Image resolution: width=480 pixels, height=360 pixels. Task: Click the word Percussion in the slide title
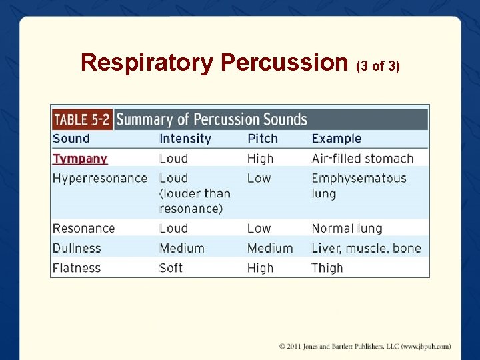point(285,63)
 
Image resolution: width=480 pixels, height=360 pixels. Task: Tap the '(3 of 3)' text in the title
point(378,66)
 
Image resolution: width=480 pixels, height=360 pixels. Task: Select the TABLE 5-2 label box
point(81,119)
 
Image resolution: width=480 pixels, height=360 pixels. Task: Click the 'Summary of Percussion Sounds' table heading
point(211,119)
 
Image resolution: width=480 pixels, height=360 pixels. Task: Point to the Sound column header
point(71,139)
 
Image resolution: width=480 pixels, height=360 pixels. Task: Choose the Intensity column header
point(185,139)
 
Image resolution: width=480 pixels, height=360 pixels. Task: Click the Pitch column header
point(263,139)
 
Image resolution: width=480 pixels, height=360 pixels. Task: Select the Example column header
point(337,139)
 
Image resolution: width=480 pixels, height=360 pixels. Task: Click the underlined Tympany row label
point(80,159)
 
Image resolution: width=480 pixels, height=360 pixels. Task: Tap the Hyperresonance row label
point(100,178)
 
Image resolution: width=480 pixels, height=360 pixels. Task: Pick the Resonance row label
point(84,228)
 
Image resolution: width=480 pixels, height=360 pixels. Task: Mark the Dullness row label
point(77,248)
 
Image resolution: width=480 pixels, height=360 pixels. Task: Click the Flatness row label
point(77,268)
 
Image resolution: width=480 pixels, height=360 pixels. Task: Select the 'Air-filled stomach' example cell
point(363,159)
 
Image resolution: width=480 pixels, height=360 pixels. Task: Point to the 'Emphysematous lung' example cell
point(359,185)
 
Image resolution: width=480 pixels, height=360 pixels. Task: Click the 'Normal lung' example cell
point(347,228)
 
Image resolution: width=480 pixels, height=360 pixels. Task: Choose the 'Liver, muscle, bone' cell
point(366,248)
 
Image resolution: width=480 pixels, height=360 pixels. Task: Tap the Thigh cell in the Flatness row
point(327,268)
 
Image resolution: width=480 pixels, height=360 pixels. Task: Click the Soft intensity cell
point(171,268)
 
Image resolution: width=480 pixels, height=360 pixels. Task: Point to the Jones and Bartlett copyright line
point(365,346)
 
